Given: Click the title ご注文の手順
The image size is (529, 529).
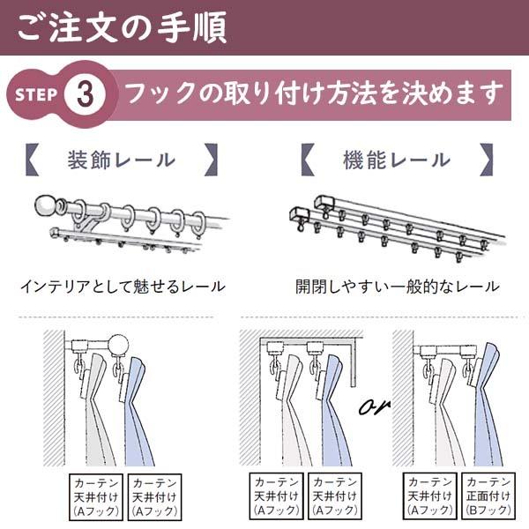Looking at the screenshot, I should pos(122,26).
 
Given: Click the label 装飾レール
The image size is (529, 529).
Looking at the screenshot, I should pos(122,160).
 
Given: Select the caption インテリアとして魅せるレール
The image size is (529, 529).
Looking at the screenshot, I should pos(122,287).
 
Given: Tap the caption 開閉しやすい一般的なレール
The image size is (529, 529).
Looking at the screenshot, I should pos(397,287).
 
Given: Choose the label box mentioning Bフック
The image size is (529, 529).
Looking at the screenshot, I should pos(488,495).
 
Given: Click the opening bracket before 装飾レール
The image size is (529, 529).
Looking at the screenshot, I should pos(31,160).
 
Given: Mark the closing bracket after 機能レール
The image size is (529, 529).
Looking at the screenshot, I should pos(486,160).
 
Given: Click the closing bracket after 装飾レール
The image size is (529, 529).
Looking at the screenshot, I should pos(211,160).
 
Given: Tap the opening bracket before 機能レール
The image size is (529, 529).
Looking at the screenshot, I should pos(307,160).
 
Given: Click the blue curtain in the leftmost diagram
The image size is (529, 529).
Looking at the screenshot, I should pos(140,414).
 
